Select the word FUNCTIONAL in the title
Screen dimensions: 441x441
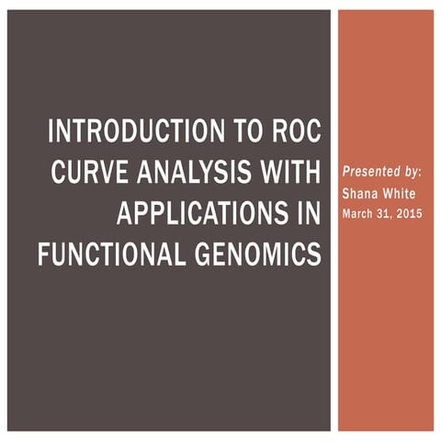coord(110,254)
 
